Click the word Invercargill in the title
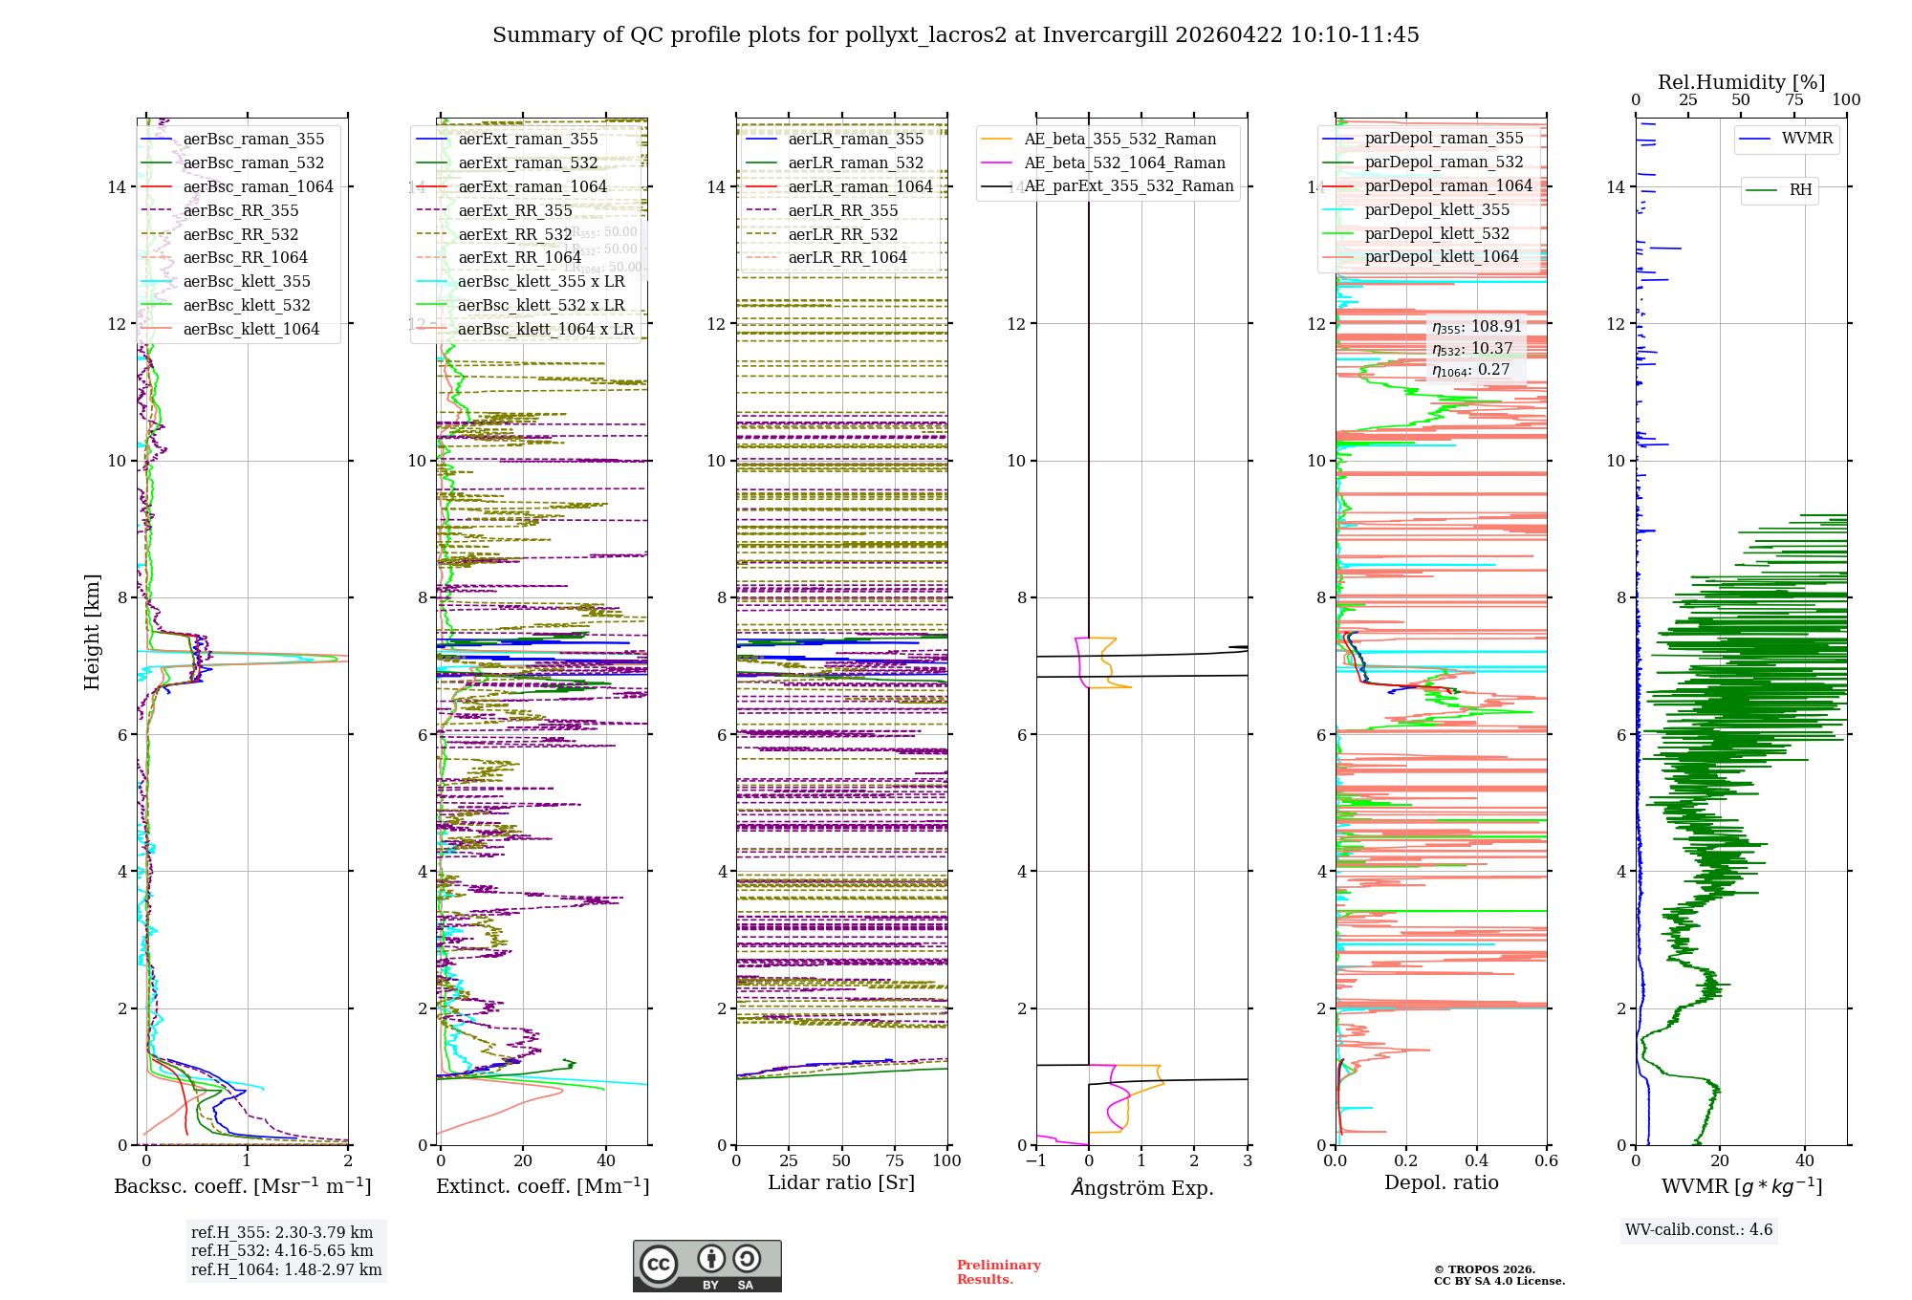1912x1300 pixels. click(1105, 35)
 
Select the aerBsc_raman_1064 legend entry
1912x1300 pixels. click(258, 186)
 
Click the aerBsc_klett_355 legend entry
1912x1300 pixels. click(247, 281)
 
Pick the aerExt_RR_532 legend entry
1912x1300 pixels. click(514, 234)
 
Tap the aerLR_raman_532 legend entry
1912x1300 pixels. click(856, 162)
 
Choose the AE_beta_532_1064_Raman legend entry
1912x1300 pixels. click(1124, 162)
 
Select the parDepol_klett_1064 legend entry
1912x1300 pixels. click(1441, 256)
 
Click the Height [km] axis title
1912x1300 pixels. click(92, 632)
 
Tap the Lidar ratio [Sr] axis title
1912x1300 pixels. click(841, 1182)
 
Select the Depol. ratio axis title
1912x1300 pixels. click(1442, 1182)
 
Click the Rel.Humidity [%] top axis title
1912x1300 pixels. click(1741, 82)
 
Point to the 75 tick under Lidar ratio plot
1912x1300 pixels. click(895, 1160)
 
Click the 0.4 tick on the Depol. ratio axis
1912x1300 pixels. click(1476, 1160)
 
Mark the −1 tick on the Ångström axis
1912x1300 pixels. click(1035, 1160)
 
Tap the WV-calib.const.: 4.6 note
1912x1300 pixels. click(1699, 1229)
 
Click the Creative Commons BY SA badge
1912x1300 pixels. click(707, 1267)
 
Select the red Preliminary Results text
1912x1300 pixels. click(998, 1272)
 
